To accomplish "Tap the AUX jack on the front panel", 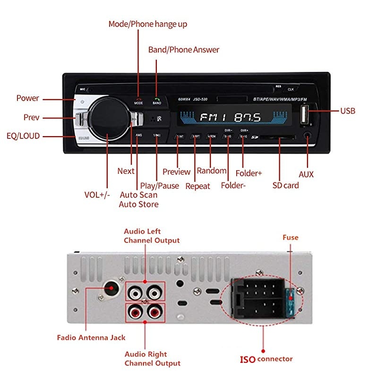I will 308,135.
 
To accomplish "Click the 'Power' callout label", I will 27,98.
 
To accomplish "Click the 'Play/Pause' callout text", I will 159,186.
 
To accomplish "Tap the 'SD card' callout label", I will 285,185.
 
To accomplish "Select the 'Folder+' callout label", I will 249,173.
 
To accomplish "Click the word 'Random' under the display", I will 212,171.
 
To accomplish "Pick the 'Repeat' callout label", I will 198,186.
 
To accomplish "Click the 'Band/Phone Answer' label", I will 184,50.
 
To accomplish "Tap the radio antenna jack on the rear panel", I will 112,288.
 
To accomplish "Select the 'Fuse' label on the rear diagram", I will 290,237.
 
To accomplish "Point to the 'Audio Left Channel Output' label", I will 152,236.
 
